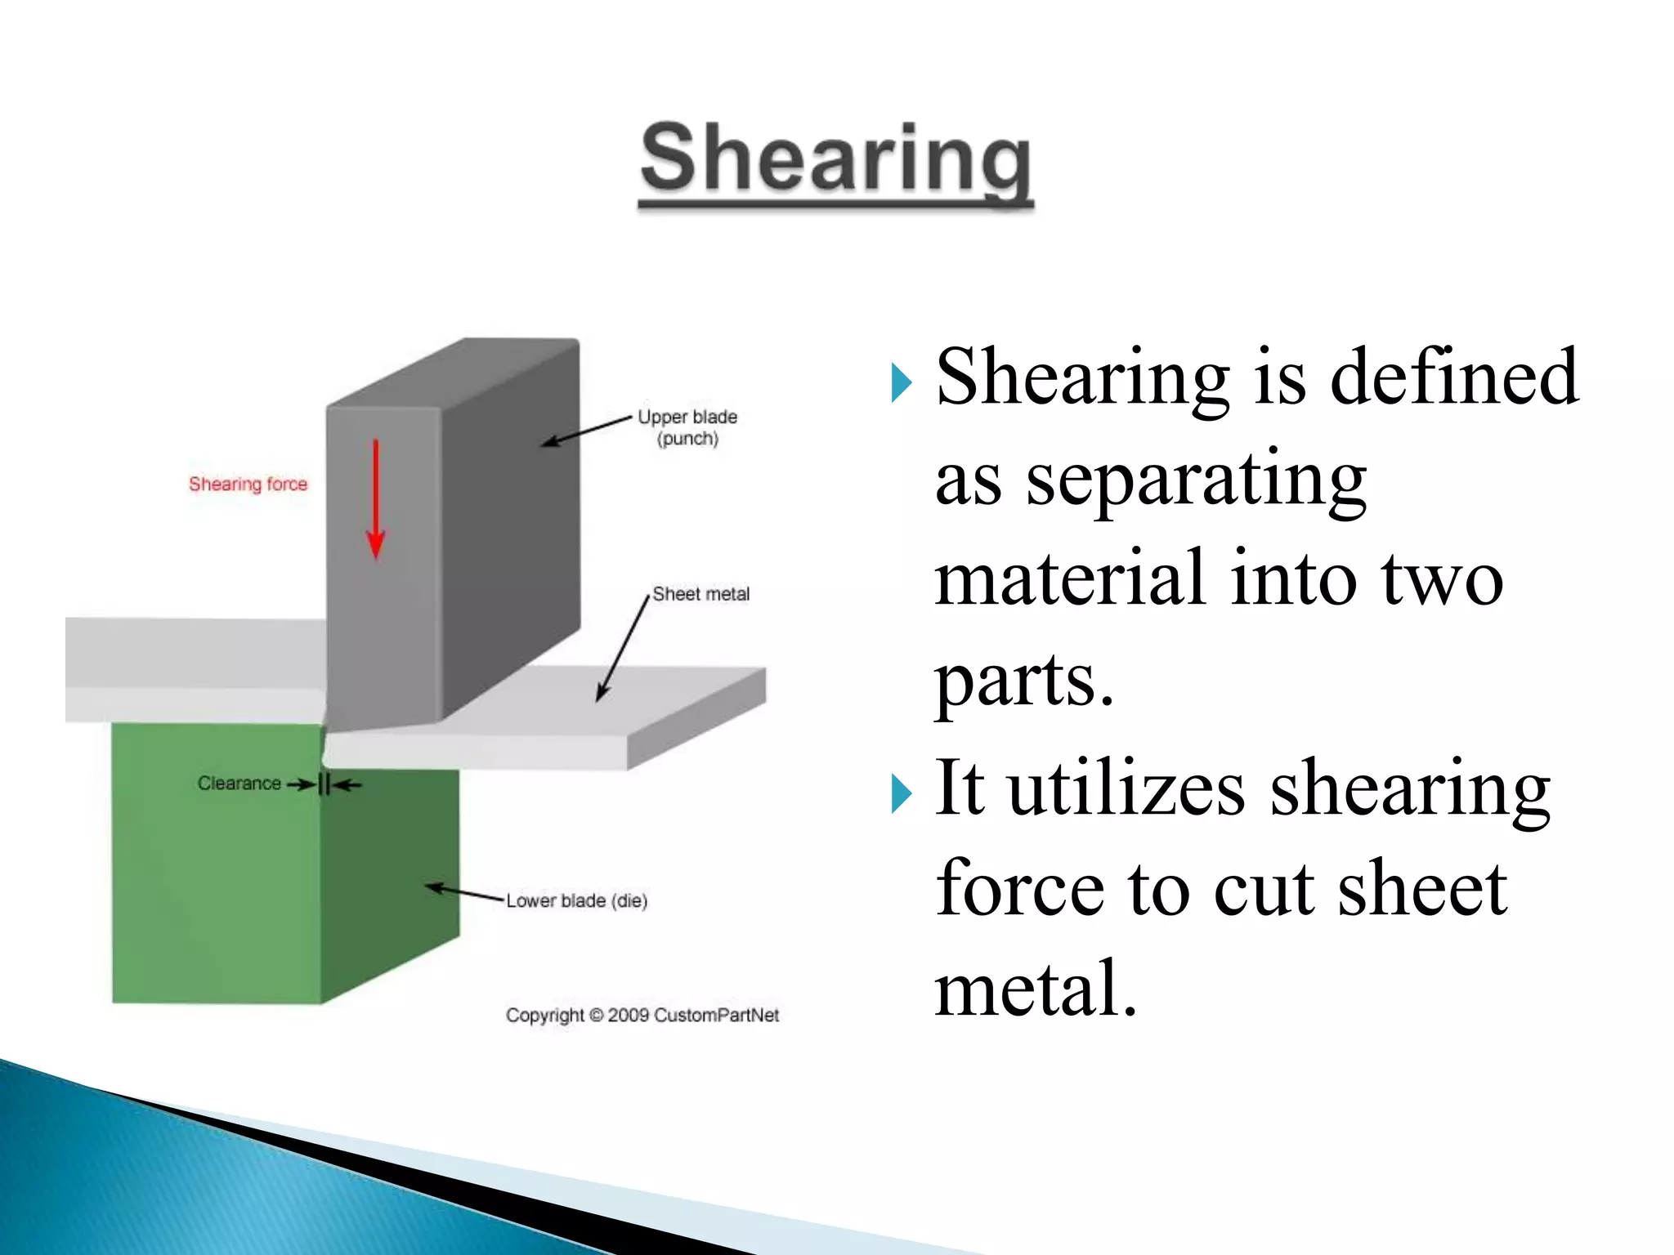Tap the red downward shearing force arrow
click(376, 498)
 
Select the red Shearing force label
click(248, 484)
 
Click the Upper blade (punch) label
click(687, 427)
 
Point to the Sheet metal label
click(700, 594)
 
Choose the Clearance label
click(239, 783)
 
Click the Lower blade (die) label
click(576, 900)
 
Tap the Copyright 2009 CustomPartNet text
click(642, 1015)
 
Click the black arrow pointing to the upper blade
click(587, 431)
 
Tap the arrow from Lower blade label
click(466, 893)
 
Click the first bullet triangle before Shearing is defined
click(901, 382)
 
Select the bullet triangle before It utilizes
click(901, 793)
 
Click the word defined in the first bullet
click(1453, 377)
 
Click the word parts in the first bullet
click(1024, 681)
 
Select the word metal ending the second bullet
click(1036, 989)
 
